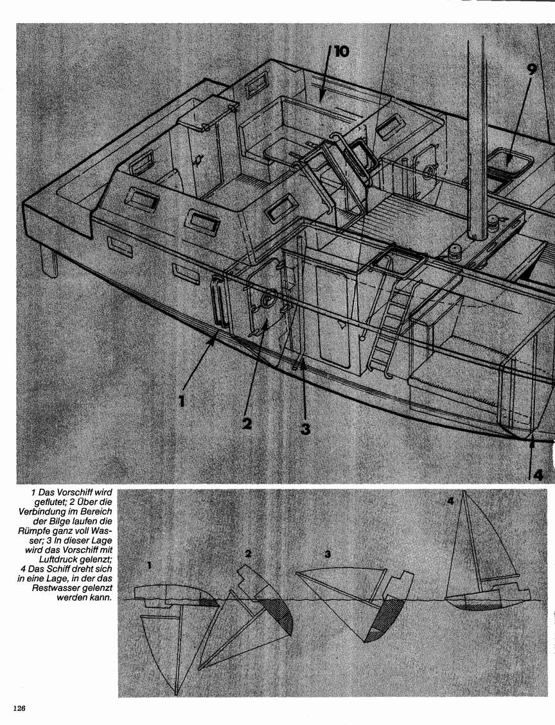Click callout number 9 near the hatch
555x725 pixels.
531,69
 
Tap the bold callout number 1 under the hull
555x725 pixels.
182,400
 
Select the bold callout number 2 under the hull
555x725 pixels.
247,423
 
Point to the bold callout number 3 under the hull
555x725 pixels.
305,429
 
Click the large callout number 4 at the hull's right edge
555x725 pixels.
538,474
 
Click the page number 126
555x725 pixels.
19,708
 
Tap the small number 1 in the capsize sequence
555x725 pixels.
149,565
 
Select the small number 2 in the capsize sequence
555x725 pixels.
248,554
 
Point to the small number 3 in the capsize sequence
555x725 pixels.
328,554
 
